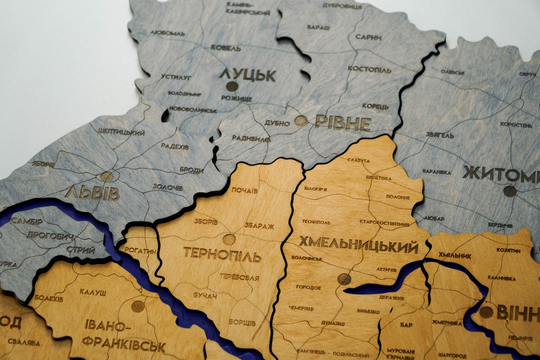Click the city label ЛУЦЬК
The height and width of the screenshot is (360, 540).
[x=248, y=75]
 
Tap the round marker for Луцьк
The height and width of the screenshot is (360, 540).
[x=232, y=87]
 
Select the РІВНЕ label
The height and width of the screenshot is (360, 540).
[x=343, y=124]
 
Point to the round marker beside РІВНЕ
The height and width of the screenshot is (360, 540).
[x=301, y=121]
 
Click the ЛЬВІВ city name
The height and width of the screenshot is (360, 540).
[x=92, y=193]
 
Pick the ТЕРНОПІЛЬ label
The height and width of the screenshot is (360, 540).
[x=222, y=254]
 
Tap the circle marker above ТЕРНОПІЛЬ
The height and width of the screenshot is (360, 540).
[x=229, y=239]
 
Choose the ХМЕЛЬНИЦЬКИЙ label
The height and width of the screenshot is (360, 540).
[x=358, y=245]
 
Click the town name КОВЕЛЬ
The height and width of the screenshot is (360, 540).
[x=226, y=48]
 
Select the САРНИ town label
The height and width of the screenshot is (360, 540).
[x=368, y=37]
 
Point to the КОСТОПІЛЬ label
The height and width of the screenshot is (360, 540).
[x=369, y=69]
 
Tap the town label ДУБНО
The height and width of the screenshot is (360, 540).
[x=277, y=123]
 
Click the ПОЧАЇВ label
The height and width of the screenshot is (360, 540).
[x=244, y=190]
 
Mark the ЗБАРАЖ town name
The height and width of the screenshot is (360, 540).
[x=259, y=226]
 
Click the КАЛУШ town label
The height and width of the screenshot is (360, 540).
[x=93, y=292]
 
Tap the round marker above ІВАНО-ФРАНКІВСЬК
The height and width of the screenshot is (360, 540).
[x=138, y=306]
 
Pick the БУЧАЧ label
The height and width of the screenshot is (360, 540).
[x=205, y=296]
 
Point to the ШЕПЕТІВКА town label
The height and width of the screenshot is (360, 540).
[x=378, y=178]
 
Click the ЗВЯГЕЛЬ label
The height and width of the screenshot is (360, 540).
[x=440, y=135]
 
